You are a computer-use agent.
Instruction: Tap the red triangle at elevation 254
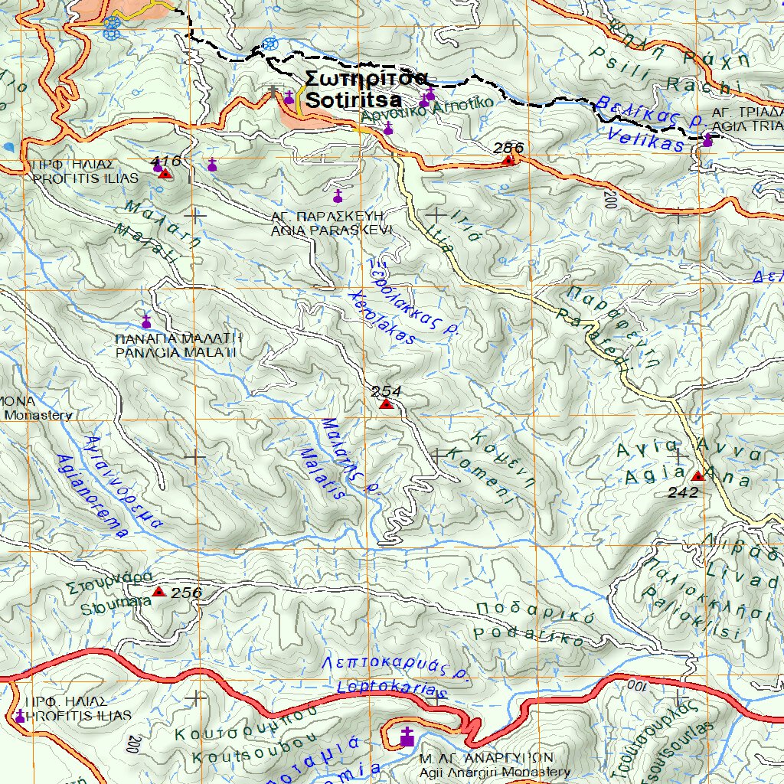(387, 403)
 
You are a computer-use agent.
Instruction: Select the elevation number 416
(165, 161)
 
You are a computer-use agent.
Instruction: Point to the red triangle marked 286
(508, 160)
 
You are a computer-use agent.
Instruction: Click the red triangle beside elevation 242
(697, 476)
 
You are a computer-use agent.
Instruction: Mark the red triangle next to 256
(158, 592)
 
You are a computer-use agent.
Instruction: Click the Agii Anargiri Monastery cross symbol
(407, 737)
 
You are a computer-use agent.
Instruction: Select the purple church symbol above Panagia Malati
(145, 322)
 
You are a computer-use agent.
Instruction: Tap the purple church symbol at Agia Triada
(707, 140)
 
